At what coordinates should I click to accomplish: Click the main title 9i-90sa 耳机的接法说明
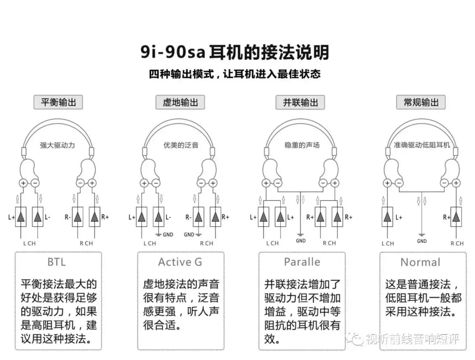pyautogui.click(x=235, y=52)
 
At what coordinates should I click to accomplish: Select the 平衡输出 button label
pyautogui.click(x=58, y=103)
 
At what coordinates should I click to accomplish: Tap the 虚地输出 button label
pyautogui.click(x=180, y=103)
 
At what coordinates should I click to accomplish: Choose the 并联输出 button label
pyautogui.click(x=300, y=103)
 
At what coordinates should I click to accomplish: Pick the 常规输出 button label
pyautogui.click(x=421, y=103)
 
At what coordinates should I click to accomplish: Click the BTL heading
pyautogui.click(x=57, y=262)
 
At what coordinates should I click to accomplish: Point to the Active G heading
pyautogui.click(x=180, y=262)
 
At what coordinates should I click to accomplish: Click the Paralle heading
pyautogui.click(x=302, y=262)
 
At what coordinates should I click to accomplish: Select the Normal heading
pyautogui.click(x=420, y=262)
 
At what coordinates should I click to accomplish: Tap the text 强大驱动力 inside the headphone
pyautogui.click(x=58, y=145)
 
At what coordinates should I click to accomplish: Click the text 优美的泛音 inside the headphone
pyautogui.click(x=181, y=145)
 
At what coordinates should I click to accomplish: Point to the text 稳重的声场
pyautogui.click(x=302, y=145)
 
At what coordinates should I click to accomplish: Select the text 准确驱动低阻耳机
pyautogui.click(x=422, y=145)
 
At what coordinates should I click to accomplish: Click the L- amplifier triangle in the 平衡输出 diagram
pyautogui.click(x=37, y=217)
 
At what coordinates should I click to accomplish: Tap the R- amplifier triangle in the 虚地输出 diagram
pyautogui.click(x=198, y=217)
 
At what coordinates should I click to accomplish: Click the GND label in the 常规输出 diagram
pyautogui.click(x=422, y=241)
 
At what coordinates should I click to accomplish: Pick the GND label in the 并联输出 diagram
pyautogui.click(x=301, y=241)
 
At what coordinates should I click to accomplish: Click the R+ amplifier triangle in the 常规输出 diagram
pyautogui.click(x=456, y=217)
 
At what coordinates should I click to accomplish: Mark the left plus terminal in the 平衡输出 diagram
pyautogui.click(x=23, y=183)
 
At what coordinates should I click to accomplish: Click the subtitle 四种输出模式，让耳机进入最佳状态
pyautogui.click(x=235, y=74)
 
